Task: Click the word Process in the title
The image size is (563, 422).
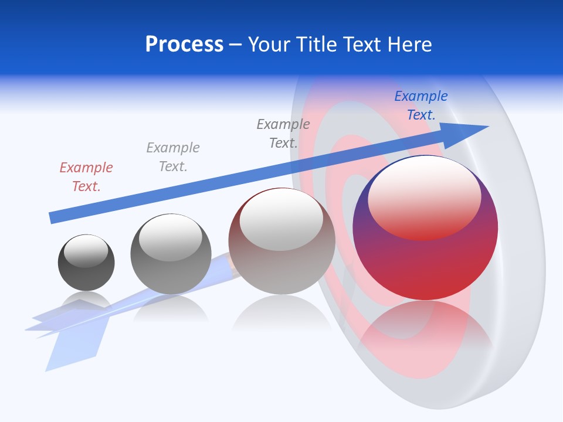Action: pos(184,45)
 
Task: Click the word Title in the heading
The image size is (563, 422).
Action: pos(317,45)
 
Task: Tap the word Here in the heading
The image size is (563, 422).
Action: pos(409,45)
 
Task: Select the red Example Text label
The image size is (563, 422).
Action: pos(86,177)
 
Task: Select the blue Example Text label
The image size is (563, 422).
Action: pos(420,105)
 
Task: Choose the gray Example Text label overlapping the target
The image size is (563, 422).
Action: pos(283,134)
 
